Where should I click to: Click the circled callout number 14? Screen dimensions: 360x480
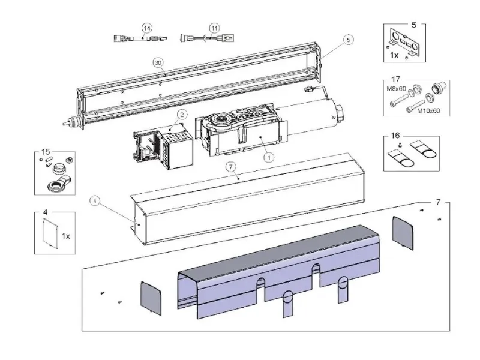point(146,28)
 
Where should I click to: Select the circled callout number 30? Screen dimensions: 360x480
point(158,62)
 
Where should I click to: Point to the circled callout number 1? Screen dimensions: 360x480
point(269,157)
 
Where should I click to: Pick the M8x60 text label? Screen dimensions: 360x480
point(395,89)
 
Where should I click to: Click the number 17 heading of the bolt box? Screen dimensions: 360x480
point(395,78)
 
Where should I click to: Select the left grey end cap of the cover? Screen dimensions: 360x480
point(152,298)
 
